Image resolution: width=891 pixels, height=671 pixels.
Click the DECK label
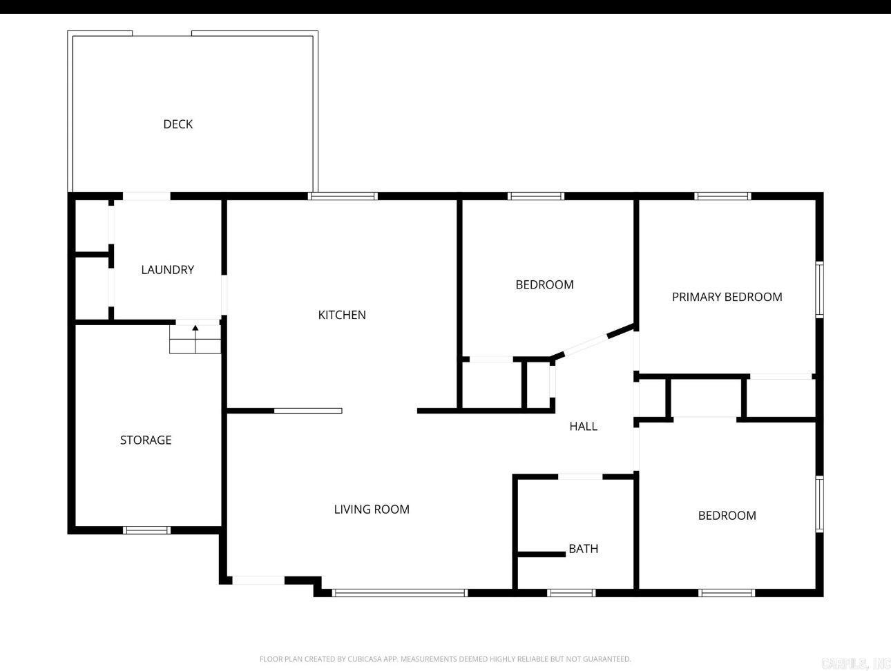tap(178, 124)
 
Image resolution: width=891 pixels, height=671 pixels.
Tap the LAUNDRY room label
tap(167, 270)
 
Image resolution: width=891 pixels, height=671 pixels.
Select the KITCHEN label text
tap(342, 315)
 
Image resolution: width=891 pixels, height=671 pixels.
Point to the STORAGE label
tap(146, 440)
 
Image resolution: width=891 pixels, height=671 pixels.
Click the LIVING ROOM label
tap(372, 509)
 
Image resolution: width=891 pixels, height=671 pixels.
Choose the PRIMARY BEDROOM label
tap(727, 297)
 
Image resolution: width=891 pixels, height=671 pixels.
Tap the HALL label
tap(583, 427)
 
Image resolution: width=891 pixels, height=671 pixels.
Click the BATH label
tap(583, 549)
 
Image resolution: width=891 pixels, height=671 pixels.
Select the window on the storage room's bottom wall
tap(146, 530)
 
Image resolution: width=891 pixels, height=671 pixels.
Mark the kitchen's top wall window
tap(343, 196)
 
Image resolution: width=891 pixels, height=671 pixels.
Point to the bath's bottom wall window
tap(571, 592)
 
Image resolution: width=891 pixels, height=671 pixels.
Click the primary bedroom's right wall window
tap(819, 289)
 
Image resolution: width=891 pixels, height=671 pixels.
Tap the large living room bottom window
tap(400, 592)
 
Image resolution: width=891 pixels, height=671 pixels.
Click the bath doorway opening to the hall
tap(579, 476)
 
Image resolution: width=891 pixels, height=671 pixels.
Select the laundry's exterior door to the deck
tap(146, 197)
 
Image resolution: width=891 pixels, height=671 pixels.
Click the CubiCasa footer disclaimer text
tap(445, 659)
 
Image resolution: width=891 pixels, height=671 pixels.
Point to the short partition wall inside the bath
tap(541, 554)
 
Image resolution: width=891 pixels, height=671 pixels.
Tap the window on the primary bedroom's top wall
tap(722, 196)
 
